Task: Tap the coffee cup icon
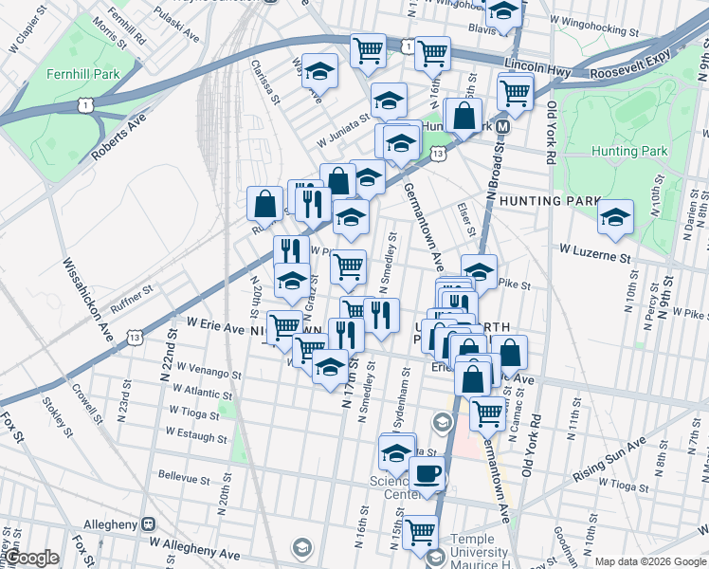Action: coord(427,475)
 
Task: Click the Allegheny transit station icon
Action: coord(148,523)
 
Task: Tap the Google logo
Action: coord(31,558)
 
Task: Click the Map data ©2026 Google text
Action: coord(649,560)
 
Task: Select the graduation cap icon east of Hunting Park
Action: coord(615,216)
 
